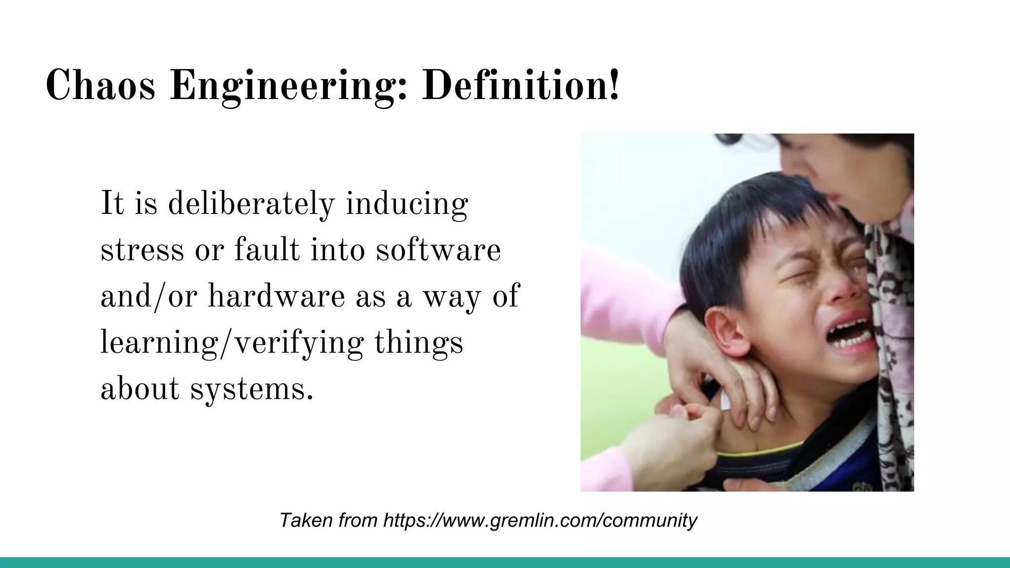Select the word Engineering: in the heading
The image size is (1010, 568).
tap(289, 87)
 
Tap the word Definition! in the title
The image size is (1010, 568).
tap(520, 86)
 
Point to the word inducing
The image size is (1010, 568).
tap(406, 205)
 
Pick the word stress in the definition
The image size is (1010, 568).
tap(142, 250)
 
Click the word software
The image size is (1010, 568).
tap(438, 250)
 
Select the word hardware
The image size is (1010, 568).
tap(276, 296)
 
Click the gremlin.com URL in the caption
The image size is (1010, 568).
tap(540, 520)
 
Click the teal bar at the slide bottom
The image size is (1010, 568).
tap(505, 562)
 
